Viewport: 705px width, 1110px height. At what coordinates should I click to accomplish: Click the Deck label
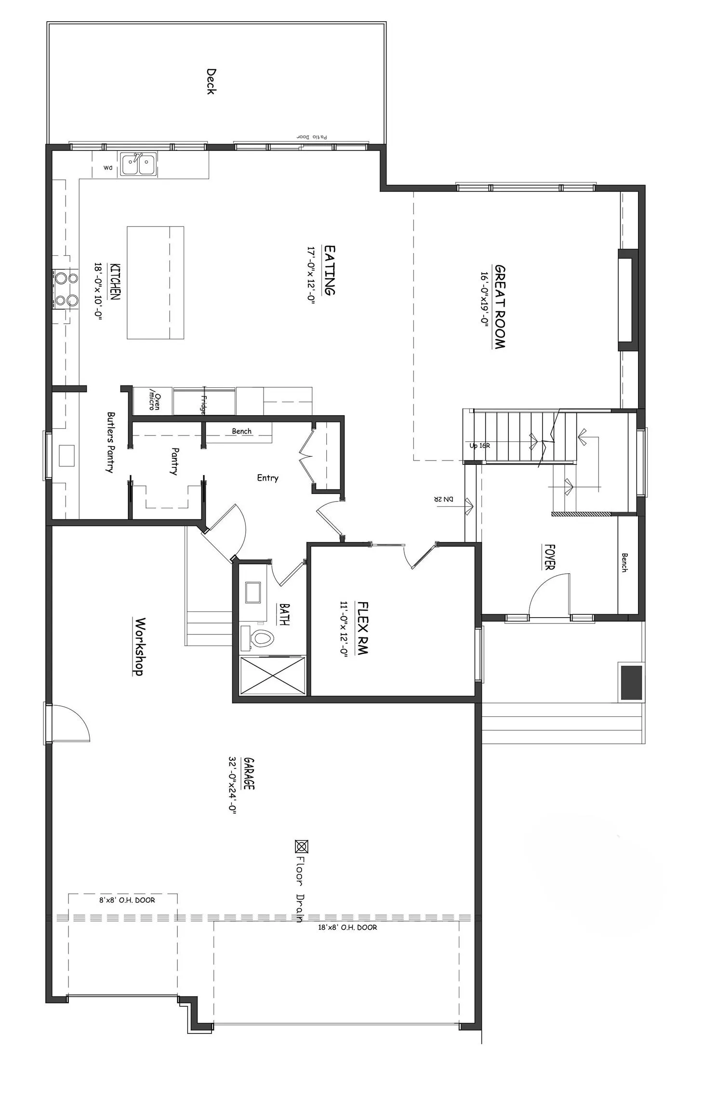[211, 81]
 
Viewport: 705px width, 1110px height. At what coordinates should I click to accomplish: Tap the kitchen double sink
[139, 164]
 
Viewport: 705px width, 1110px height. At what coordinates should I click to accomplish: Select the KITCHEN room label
[115, 281]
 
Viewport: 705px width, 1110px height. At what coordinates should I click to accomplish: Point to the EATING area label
[330, 270]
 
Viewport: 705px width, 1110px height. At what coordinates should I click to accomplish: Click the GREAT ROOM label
[500, 306]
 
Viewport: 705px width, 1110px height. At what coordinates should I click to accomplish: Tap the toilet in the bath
[261, 639]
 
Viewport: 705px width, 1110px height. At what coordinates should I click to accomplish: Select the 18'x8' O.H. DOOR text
[347, 927]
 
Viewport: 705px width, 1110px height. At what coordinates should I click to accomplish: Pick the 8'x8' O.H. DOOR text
[127, 900]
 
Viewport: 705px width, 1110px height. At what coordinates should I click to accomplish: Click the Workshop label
[139, 647]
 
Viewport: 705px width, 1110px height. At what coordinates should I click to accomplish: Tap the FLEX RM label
[362, 628]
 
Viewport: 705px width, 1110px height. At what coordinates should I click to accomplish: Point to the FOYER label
[549, 557]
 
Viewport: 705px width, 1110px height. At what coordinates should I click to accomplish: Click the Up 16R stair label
[479, 446]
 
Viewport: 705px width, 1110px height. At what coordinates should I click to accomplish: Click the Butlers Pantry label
[111, 442]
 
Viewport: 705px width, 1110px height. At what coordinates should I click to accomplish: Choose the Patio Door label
[311, 137]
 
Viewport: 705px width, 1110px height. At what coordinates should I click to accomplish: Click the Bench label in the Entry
[241, 431]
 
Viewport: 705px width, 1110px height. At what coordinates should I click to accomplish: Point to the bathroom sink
[253, 592]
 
